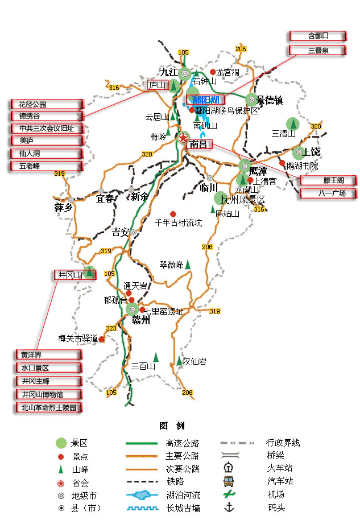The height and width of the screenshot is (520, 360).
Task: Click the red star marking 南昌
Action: click(183, 138)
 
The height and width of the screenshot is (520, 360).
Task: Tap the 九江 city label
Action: click(168, 72)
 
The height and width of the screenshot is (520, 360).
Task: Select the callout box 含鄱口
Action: click(318, 36)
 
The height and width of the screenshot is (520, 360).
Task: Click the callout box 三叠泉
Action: click(318, 50)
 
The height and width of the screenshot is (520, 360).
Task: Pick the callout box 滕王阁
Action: click(328, 180)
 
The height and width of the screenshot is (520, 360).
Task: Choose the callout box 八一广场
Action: click(328, 193)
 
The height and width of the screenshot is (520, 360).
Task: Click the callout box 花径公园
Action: click(47, 105)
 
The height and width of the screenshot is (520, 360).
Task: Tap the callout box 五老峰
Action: click(47, 166)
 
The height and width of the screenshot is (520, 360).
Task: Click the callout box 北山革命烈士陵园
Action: click(48, 407)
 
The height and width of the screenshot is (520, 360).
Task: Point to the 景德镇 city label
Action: click(270, 100)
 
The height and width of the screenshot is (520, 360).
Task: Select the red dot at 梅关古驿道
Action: click(101, 339)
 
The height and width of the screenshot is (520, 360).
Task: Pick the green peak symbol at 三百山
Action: click(155, 357)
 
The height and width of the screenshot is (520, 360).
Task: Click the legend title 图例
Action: click(172, 426)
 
